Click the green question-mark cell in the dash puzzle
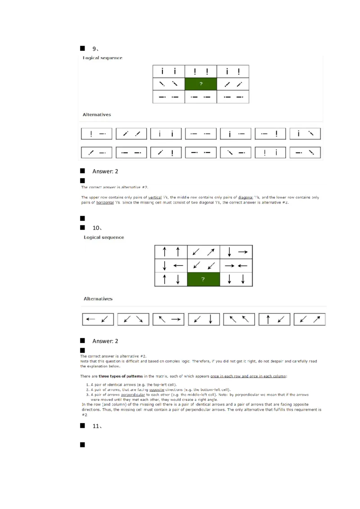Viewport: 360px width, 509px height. [201, 84]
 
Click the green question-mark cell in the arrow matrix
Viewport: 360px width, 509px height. [203, 279]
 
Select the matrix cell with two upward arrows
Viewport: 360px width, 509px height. [171, 252]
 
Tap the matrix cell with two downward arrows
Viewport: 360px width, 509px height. [236, 279]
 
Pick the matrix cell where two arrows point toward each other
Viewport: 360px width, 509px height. [236, 265]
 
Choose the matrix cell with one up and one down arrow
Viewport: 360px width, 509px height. [171, 279]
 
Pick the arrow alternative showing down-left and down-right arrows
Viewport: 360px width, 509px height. [133, 319]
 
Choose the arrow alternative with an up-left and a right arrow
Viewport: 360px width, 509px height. [168, 319]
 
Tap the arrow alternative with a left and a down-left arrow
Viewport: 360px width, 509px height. [98, 319]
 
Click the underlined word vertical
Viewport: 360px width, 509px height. [155, 197]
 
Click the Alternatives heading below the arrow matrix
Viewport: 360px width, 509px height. [98, 299]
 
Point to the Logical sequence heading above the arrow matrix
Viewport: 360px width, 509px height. [104, 237]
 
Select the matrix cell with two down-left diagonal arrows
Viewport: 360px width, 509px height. [203, 265]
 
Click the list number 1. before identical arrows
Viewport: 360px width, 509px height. [87, 385]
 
